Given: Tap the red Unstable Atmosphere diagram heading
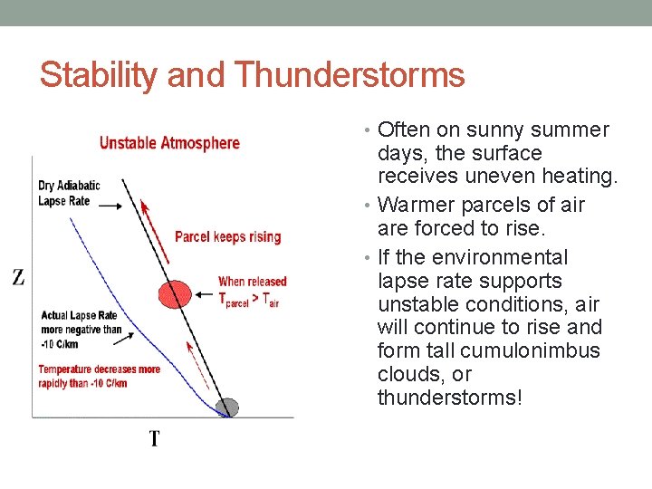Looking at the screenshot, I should point(169,142).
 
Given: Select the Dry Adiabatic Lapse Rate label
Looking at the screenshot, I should point(69,193).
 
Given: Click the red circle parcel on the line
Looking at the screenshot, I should point(175,293).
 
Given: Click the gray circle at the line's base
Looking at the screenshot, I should point(230,407).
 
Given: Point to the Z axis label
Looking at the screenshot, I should point(17,278).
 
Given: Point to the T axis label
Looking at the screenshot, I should point(155,439).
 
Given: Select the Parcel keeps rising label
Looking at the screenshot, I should point(227,237).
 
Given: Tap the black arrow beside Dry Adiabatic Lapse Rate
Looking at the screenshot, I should point(110,206).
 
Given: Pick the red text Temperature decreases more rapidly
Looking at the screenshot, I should point(99,375).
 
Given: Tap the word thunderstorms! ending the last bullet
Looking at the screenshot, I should point(450,398).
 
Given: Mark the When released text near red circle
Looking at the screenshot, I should point(252,282).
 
